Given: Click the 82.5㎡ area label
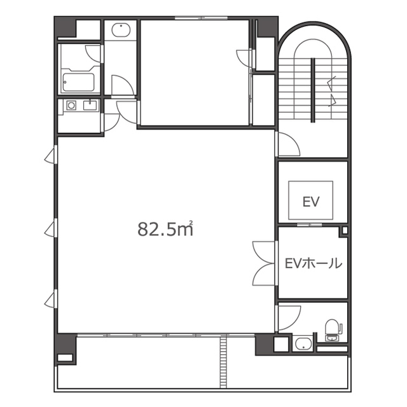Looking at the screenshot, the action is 165,229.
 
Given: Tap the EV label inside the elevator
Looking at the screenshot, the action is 311,202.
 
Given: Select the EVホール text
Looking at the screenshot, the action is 314,263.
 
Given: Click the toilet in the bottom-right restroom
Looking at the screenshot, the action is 333,330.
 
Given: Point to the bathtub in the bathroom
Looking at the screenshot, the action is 78,82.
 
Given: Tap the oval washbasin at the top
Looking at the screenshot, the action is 121,30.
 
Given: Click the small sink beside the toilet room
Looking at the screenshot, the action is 303,343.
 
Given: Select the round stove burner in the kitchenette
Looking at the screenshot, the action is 71,106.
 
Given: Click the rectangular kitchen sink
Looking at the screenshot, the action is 90,105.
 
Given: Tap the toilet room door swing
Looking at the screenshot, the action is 289,319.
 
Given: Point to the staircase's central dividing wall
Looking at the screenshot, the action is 313,90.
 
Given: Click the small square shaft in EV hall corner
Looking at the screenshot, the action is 345,231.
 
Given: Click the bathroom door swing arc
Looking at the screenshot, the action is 93,53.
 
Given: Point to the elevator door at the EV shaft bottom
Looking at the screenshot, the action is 309,224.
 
